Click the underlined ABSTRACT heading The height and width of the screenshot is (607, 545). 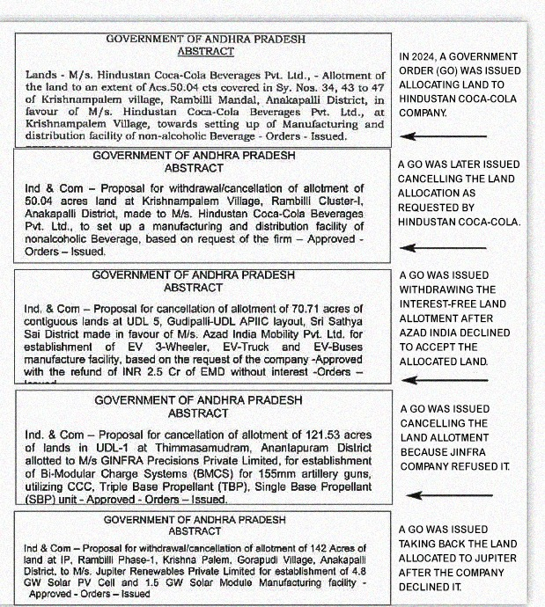coord(205,52)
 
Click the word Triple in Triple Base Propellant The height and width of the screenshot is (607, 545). coord(198,486)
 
